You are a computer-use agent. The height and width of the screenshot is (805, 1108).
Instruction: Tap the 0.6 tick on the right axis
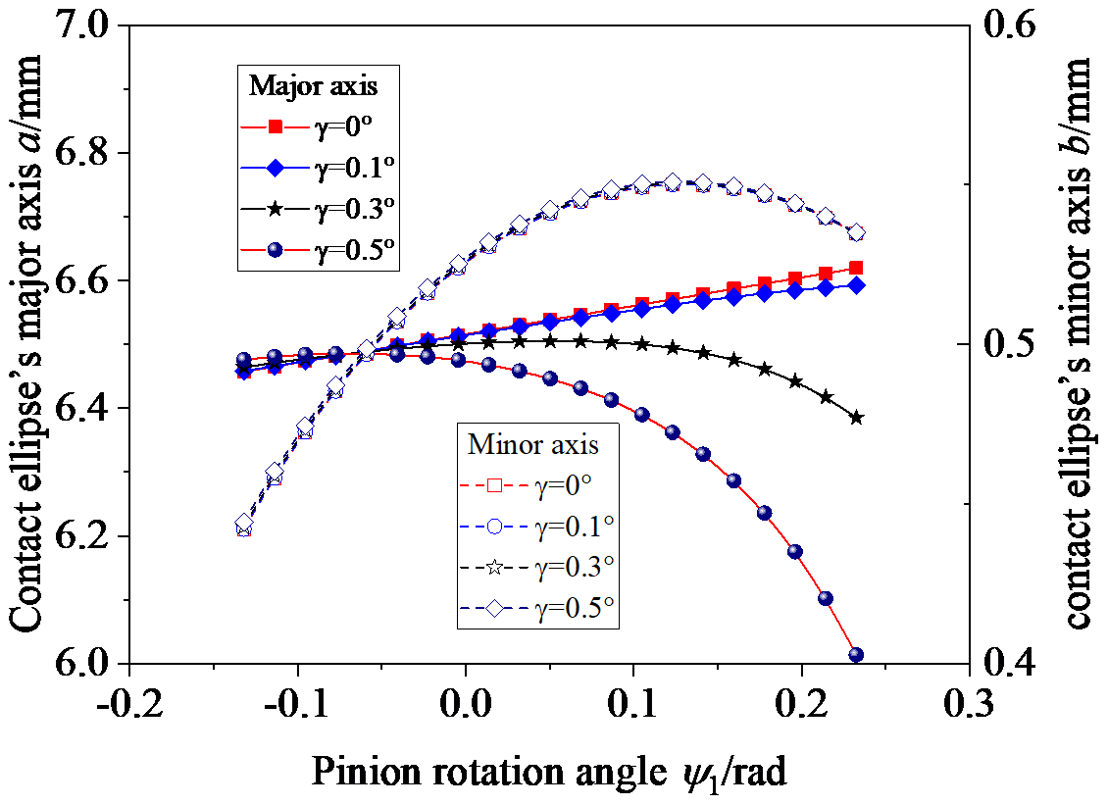coord(1011,26)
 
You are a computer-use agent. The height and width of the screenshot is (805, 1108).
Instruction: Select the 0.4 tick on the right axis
coord(1011,665)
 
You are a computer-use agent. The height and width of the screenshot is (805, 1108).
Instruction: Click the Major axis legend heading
coord(313,85)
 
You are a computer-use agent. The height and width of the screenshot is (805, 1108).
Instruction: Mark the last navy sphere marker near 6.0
coord(856,654)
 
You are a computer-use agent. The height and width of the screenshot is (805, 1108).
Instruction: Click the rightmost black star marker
coord(856,418)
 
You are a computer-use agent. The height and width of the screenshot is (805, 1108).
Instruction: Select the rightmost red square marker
coord(856,268)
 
